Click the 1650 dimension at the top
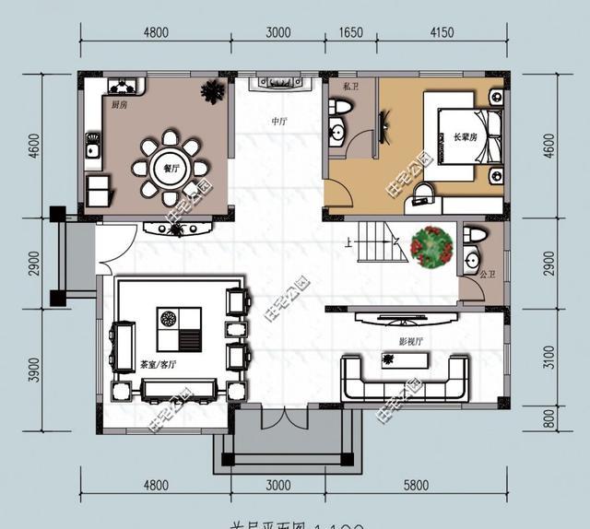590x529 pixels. [351, 33]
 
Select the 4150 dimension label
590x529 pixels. [442, 33]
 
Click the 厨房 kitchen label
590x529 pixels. [119, 106]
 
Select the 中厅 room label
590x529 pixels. [278, 122]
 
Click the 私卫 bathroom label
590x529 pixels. [349, 88]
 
